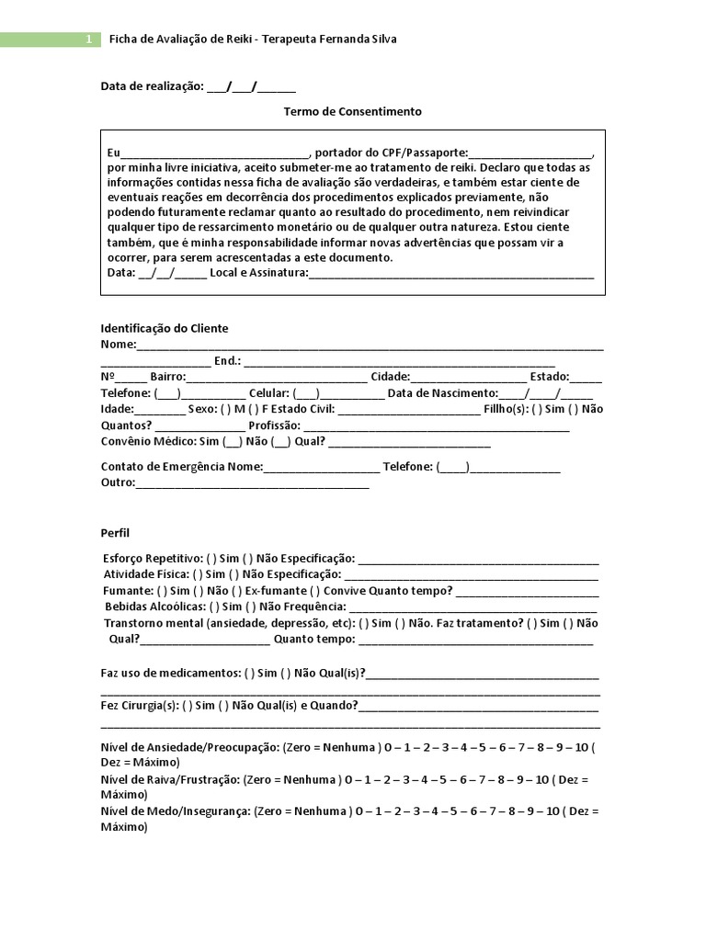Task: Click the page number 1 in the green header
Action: click(x=87, y=40)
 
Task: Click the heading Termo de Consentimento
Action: click(x=352, y=111)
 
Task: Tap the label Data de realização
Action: click(x=151, y=86)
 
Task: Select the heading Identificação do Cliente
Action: click(x=165, y=328)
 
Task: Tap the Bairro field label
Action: click(x=167, y=377)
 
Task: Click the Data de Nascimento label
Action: click(x=442, y=393)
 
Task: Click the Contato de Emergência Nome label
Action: click(x=181, y=466)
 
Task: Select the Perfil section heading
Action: click(x=115, y=532)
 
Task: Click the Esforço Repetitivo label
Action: click(x=153, y=558)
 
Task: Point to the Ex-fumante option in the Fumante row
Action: click(x=274, y=590)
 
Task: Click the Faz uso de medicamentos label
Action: click(x=171, y=673)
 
